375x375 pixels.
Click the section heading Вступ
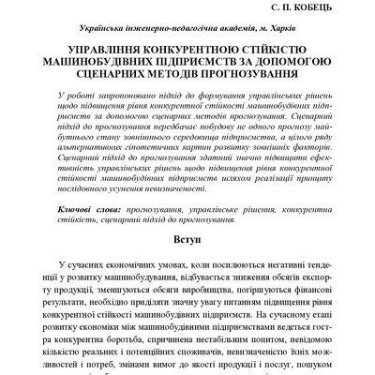(187, 213)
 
